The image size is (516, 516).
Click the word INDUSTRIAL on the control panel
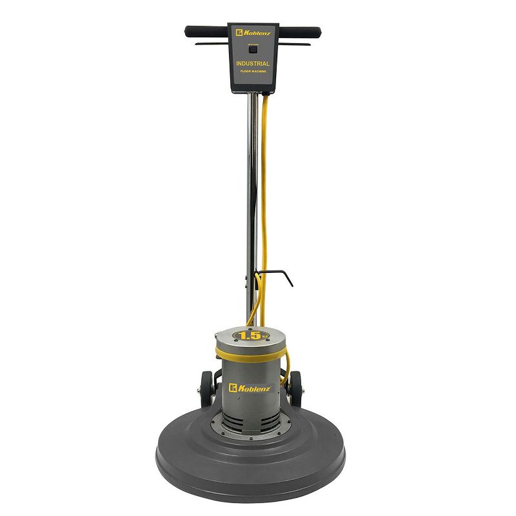(x=253, y=64)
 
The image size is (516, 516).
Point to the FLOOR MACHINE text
(x=253, y=72)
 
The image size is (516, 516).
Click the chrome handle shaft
(x=247, y=193)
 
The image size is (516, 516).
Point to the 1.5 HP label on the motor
(x=250, y=335)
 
